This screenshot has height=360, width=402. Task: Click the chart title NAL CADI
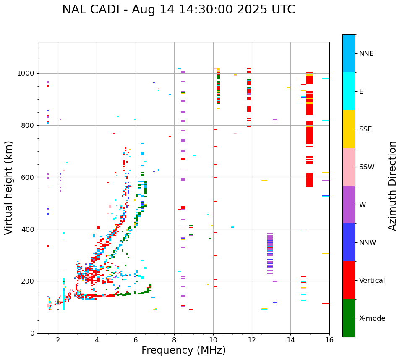coord(178,10)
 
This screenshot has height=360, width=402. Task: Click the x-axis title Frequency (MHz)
coord(183,350)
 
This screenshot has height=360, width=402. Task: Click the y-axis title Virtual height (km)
coord(9,187)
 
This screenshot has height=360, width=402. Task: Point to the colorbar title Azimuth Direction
coord(392,186)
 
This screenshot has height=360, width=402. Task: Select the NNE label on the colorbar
coord(366,54)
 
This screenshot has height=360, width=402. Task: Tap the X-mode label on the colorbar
coord(372,318)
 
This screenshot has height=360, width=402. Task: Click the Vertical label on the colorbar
coord(372,281)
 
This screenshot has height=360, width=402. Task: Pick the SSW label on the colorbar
coord(367,167)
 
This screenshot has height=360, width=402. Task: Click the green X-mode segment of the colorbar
coord(349,318)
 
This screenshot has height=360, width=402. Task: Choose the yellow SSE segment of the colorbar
coord(349,129)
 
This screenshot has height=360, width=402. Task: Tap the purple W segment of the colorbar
coord(349,205)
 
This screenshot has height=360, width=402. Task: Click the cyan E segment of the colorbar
coord(349,91)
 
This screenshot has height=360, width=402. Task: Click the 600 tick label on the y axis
coord(29,177)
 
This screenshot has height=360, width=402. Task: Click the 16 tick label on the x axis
coord(329,340)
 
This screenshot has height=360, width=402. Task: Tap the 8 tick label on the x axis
coord(174,340)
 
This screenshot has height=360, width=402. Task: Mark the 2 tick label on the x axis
coord(58,340)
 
